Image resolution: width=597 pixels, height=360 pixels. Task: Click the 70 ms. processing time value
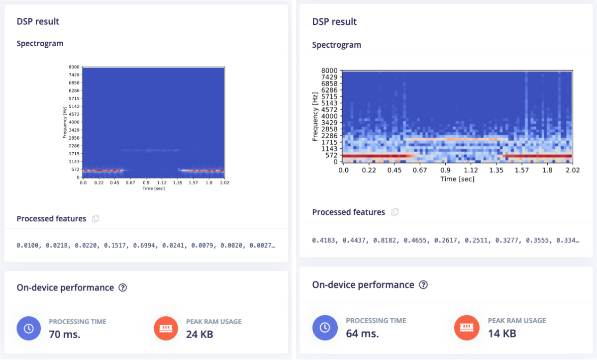pyautogui.click(x=64, y=334)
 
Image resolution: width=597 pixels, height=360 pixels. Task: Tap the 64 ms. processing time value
pyautogui.click(x=362, y=333)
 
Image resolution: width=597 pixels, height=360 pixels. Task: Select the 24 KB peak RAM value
pyautogui.click(x=199, y=334)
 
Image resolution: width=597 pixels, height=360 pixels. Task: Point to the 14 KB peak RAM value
pyautogui.click(x=501, y=333)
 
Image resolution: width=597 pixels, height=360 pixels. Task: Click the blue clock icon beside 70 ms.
pyautogui.click(x=29, y=328)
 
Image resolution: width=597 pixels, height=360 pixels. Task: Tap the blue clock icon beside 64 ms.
pyautogui.click(x=324, y=327)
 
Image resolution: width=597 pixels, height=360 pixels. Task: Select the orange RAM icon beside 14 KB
pyautogui.click(x=466, y=327)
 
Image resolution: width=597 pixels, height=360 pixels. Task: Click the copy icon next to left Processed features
pyautogui.click(x=96, y=219)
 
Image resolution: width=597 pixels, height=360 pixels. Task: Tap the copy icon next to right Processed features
pyautogui.click(x=395, y=212)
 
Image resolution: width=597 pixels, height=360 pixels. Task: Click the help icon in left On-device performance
pyautogui.click(x=123, y=287)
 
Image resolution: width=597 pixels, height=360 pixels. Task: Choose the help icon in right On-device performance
pyautogui.click(x=423, y=285)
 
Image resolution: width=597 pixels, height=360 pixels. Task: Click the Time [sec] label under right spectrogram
pyautogui.click(x=457, y=179)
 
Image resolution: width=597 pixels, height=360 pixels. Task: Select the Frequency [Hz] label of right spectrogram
pyautogui.click(x=315, y=116)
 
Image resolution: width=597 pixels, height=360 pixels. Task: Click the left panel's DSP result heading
pyautogui.click(x=38, y=21)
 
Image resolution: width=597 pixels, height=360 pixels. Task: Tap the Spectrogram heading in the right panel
pyautogui.click(x=336, y=45)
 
